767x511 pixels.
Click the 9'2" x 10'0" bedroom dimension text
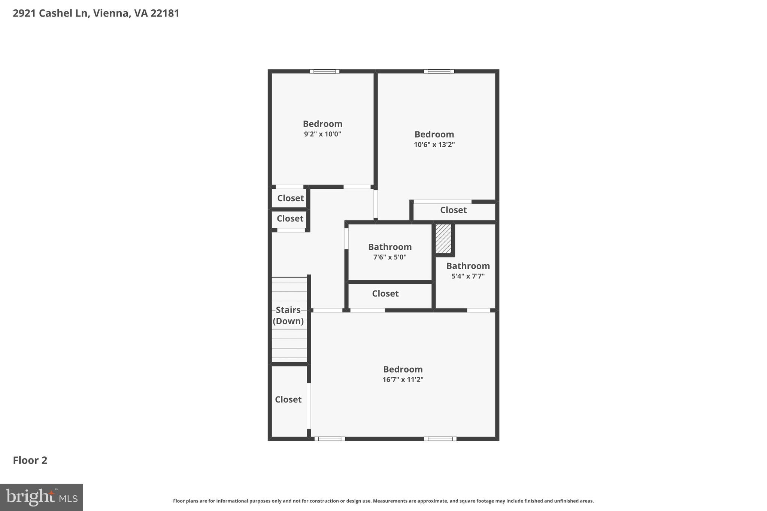click(x=322, y=134)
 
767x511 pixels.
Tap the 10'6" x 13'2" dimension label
click(x=434, y=145)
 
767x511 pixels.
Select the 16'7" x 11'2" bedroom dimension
click(x=403, y=380)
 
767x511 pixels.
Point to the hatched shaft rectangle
click(x=443, y=239)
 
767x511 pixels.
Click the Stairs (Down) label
click(x=288, y=315)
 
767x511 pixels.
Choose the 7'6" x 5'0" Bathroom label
click(x=389, y=247)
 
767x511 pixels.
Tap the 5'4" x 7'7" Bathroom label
click(x=468, y=266)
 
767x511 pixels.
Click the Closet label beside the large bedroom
click(x=288, y=399)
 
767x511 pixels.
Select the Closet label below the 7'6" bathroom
click(x=385, y=293)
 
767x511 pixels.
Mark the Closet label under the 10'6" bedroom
click(x=453, y=210)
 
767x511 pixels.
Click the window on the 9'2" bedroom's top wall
click(x=324, y=72)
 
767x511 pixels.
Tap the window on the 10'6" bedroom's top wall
click(x=439, y=72)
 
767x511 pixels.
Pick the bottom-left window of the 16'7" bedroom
click(x=330, y=439)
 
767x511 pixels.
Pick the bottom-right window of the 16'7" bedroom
click(x=440, y=439)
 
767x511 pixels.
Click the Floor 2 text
click(x=30, y=460)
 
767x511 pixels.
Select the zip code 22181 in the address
click(x=165, y=13)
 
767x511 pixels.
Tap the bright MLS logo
click(x=41, y=497)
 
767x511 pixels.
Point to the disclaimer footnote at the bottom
click(x=383, y=501)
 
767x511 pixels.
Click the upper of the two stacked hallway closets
click(x=290, y=198)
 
